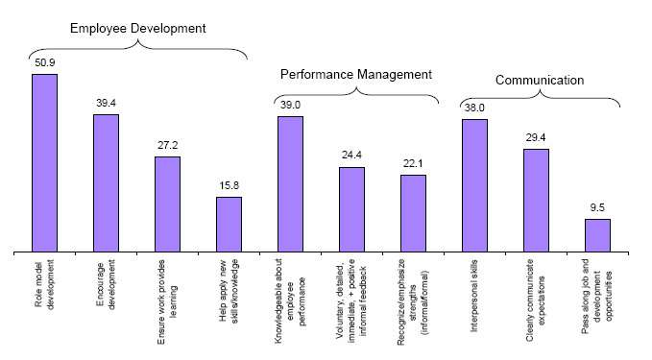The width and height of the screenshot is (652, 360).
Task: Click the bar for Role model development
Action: coord(44,163)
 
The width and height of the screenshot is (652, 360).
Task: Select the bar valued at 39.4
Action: coord(106,183)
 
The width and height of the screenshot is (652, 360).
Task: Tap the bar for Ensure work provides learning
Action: coord(167,204)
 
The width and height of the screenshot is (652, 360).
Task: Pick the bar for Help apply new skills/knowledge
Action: coord(229,225)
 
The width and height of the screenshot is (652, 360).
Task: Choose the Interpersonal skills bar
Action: coord(474,185)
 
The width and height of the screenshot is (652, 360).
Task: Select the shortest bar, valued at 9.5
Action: coord(597,235)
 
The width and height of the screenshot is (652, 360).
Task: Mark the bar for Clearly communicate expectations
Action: coord(536,201)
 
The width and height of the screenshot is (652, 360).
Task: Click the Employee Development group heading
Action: coord(137,28)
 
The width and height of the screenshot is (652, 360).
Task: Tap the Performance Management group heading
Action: coord(356,74)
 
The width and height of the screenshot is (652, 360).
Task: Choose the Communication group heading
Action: coord(540,81)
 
